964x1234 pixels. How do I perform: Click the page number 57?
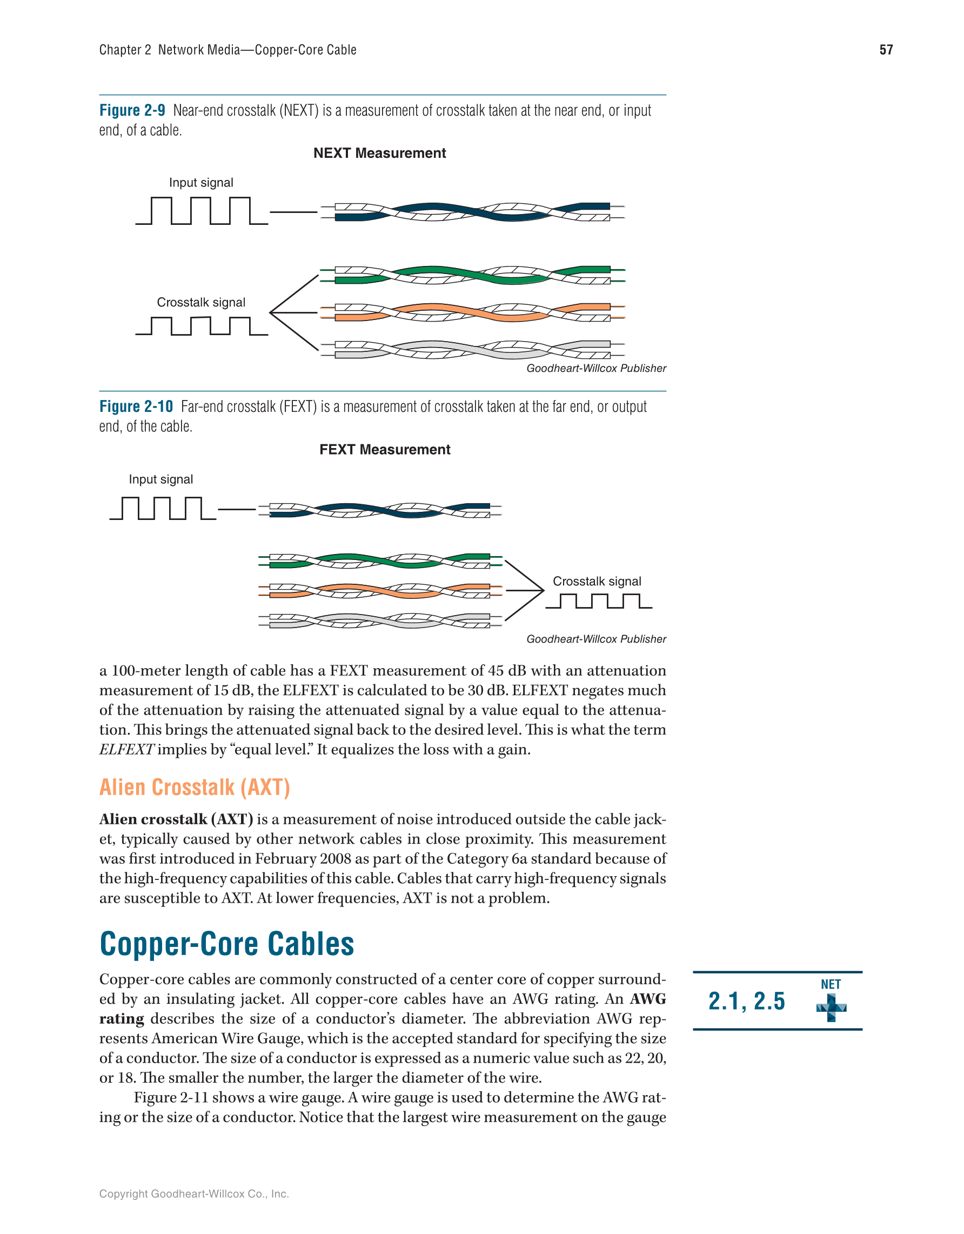(886, 50)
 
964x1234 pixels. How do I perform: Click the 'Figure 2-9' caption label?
(132, 110)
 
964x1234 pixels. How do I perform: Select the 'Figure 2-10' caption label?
(136, 406)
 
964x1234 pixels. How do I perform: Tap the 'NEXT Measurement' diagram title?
(379, 153)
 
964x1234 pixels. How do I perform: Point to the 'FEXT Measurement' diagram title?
(385, 449)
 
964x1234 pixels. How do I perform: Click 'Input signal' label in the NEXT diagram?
(201, 183)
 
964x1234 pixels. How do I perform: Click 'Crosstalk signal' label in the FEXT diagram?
(597, 581)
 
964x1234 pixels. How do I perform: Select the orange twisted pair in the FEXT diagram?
(379, 590)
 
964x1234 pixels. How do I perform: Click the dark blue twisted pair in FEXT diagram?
(379, 510)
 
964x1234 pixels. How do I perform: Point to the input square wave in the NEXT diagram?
(201, 211)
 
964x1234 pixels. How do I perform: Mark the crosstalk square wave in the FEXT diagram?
(599, 601)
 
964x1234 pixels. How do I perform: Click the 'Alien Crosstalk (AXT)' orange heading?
(195, 787)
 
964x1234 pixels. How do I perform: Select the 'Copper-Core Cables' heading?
(227, 944)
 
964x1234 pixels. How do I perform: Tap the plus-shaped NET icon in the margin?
(831, 1008)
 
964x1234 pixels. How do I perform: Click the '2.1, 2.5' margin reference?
(747, 1001)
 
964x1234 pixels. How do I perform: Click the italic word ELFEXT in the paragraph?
(126, 749)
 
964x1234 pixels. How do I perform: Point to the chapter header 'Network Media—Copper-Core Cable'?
(257, 50)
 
